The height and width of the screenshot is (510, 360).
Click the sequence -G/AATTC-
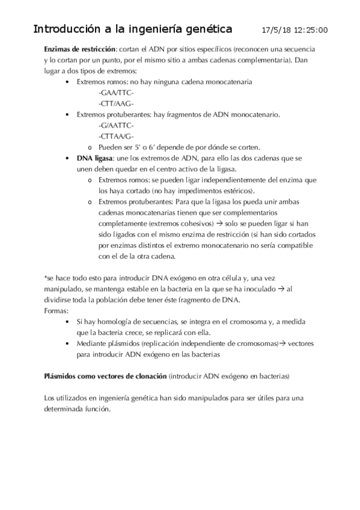click(x=115, y=126)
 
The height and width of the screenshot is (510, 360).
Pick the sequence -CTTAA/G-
click(x=115, y=137)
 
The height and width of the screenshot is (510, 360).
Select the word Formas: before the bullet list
click(x=57, y=310)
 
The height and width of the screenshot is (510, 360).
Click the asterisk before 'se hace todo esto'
click(x=46, y=278)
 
